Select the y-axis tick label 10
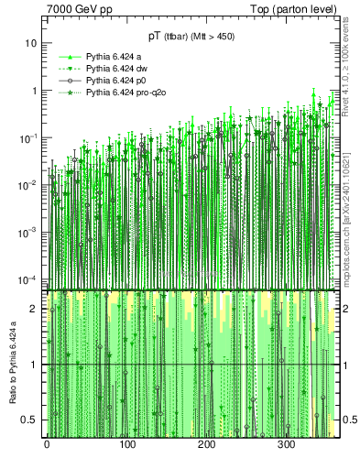tap(31, 44)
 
